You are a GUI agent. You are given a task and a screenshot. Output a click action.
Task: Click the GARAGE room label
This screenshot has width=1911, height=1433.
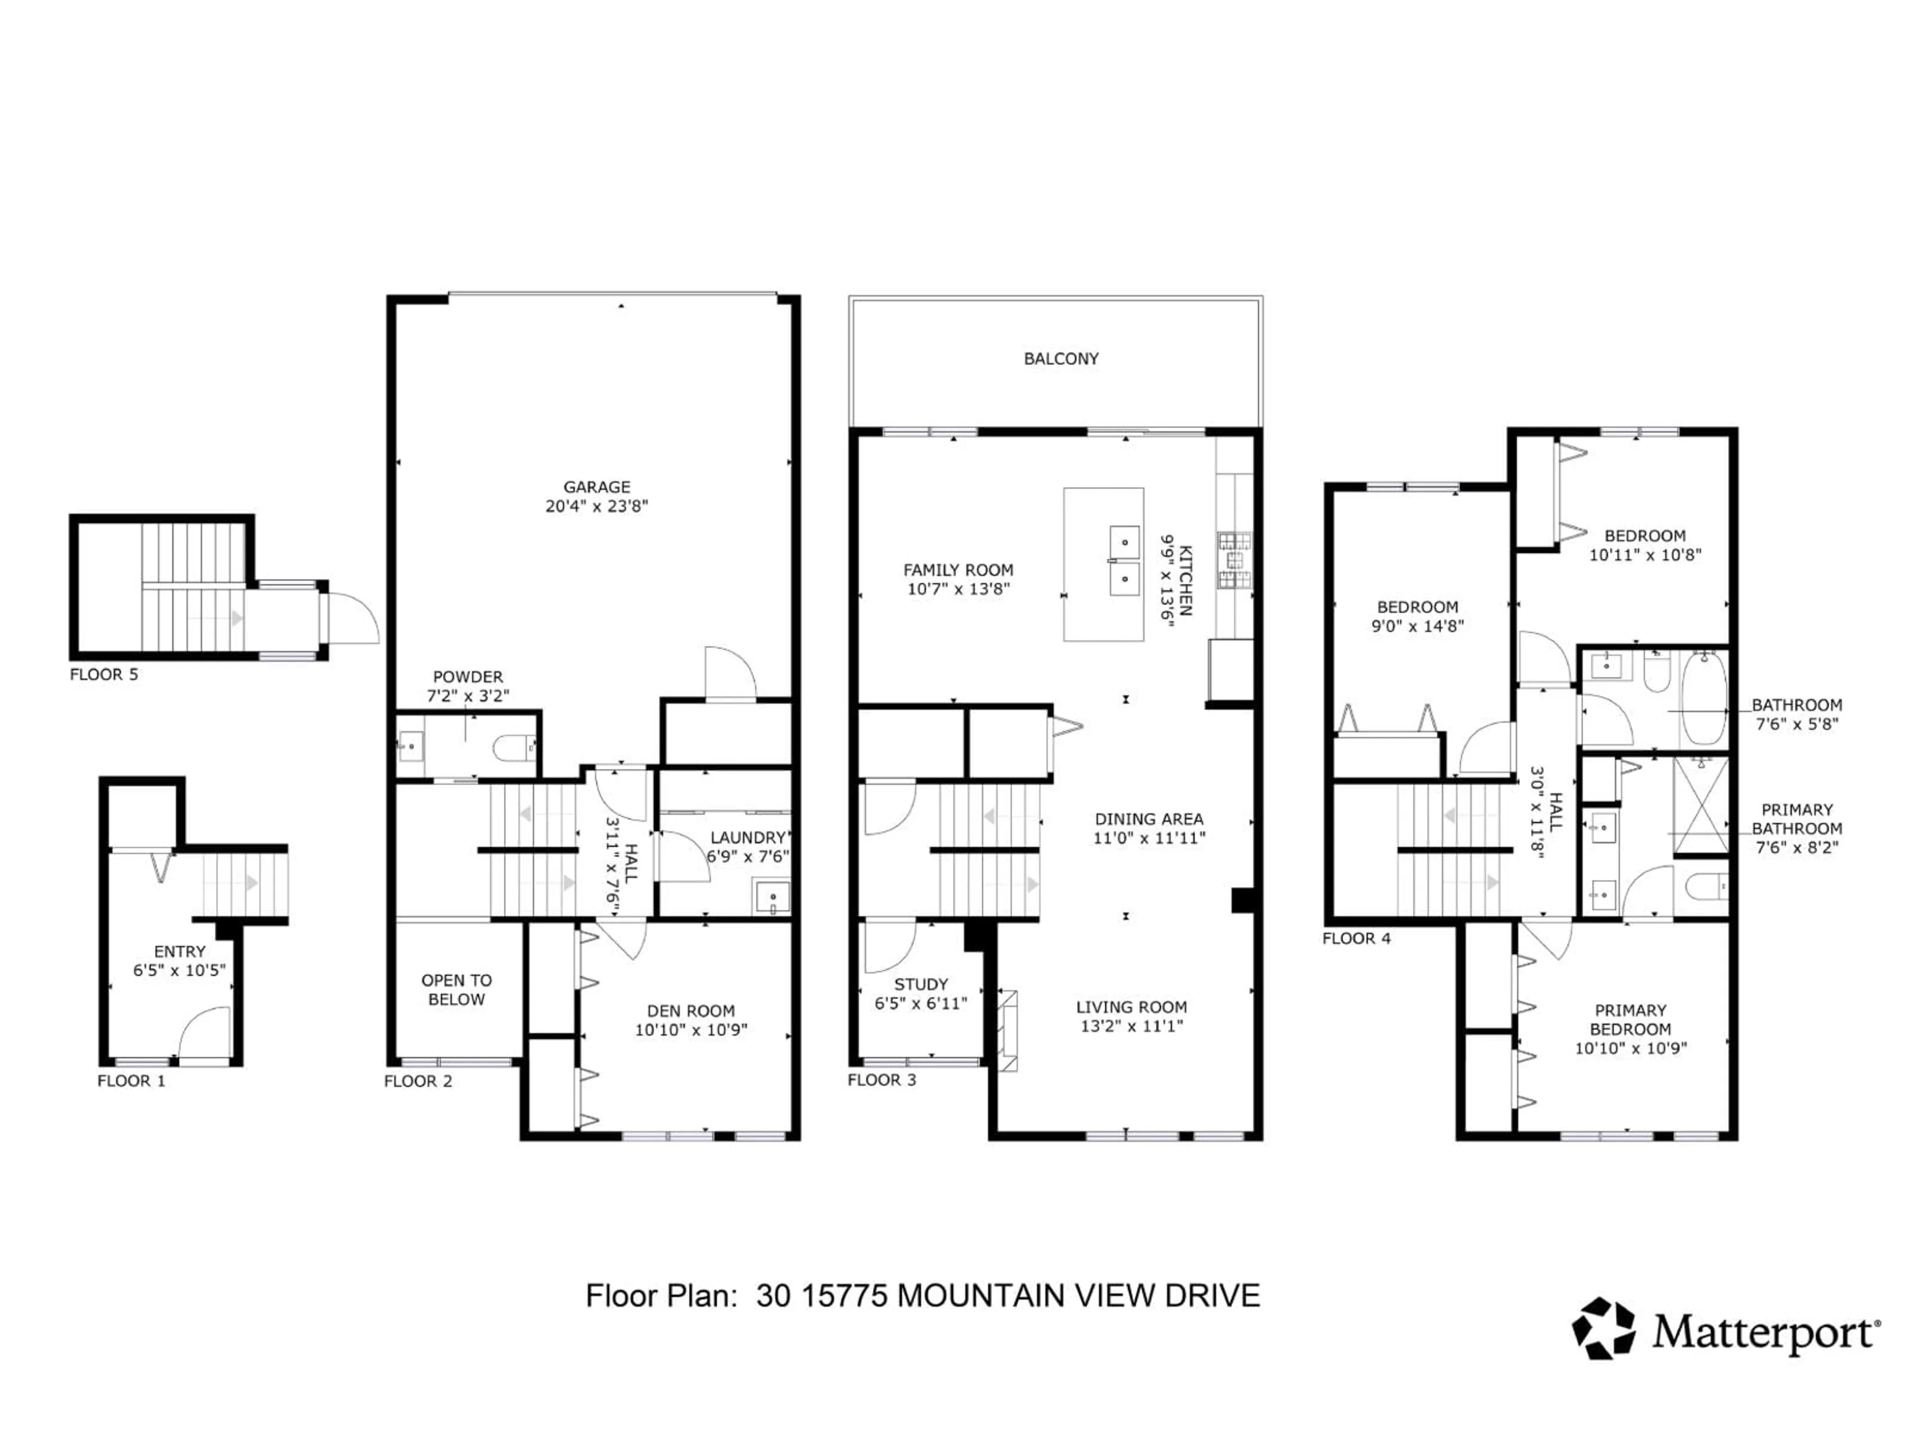(x=596, y=487)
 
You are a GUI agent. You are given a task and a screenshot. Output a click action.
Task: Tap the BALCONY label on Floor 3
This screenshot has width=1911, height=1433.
(x=1061, y=358)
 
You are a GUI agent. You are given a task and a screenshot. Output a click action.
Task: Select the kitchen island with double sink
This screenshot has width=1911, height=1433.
(x=1103, y=565)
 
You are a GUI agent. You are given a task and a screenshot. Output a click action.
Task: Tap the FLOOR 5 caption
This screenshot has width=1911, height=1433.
(x=104, y=675)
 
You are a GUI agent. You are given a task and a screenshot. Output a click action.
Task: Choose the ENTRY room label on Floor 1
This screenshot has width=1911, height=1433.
(x=180, y=951)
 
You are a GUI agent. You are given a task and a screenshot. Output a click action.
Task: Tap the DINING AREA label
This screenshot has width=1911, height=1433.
(x=1149, y=819)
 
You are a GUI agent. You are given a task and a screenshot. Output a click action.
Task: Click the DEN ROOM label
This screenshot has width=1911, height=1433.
(x=691, y=1011)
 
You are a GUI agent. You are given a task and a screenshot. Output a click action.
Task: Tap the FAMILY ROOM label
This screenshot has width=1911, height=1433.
(x=958, y=570)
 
